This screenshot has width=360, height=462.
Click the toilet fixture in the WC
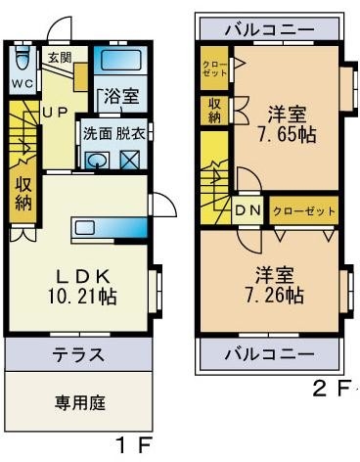[22, 56]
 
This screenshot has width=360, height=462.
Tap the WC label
[22, 83]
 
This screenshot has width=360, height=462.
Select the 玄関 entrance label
[61, 58]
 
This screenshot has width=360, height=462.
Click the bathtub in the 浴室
[120, 61]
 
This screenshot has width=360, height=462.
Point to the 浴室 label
[121, 96]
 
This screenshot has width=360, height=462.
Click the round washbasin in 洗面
[97, 161]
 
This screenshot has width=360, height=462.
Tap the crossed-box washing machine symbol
[130, 160]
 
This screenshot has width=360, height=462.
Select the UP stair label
[56, 113]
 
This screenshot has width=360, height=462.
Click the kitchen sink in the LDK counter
[84, 227]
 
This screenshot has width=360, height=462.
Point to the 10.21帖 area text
[82, 296]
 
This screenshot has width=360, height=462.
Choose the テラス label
[79, 354]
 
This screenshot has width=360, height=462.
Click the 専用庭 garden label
[80, 402]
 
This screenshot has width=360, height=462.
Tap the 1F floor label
[134, 445]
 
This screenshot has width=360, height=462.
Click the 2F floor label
[330, 389]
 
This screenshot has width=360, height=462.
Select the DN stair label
[247, 210]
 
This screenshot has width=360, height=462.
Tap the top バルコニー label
[270, 29]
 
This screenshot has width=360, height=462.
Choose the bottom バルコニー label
[270, 353]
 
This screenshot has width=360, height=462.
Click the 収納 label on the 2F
[214, 111]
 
